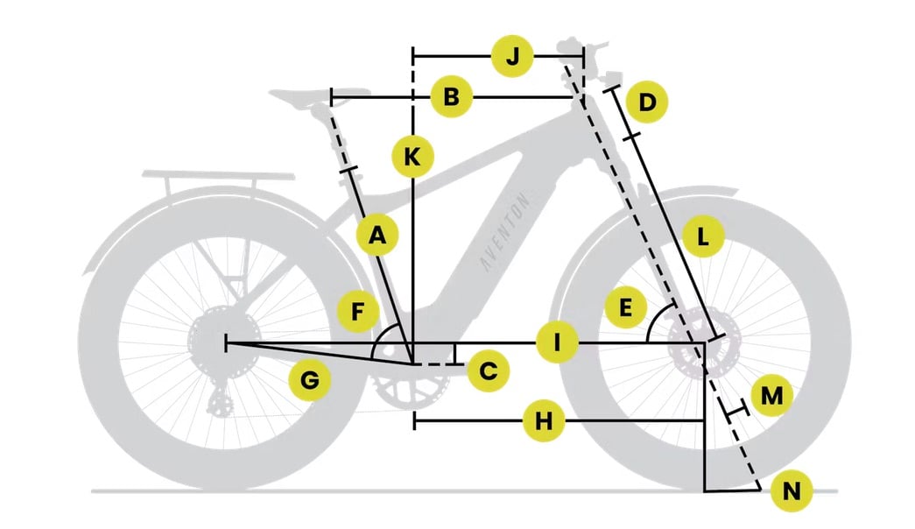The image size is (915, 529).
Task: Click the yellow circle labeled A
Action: click(378, 236)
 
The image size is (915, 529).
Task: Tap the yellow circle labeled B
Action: click(452, 96)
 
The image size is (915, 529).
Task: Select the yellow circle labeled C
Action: click(488, 370)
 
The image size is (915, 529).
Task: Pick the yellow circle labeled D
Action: click(647, 102)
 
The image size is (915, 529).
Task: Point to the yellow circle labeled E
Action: click(625, 307)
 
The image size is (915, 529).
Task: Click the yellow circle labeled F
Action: click(358, 311)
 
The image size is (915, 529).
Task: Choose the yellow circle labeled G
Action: click(310, 381)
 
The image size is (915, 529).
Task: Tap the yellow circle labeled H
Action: click(543, 420)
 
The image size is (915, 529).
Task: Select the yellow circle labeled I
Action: click(557, 342)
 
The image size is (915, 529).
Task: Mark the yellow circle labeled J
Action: click(511, 57)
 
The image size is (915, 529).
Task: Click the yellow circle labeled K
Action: click(412, 157)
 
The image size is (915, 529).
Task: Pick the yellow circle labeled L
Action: click(703, 237)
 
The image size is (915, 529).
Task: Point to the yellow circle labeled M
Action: click(771, 395)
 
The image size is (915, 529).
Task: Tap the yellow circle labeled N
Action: click(792, 490)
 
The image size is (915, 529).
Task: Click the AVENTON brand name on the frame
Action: click(505, 231)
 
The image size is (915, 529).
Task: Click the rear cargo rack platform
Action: click(219, 174)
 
